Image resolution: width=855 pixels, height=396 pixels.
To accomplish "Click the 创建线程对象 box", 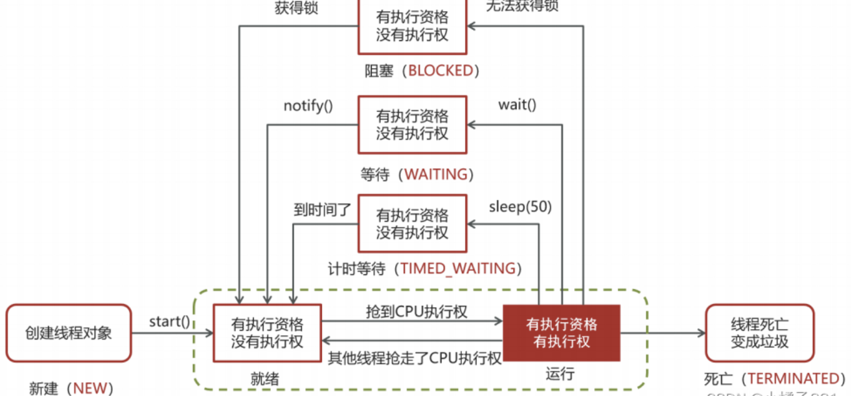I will pos(69,333).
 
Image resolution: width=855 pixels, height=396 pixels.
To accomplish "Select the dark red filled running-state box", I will pos(561,333).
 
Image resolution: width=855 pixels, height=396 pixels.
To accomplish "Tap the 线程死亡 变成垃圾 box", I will pos(759,333).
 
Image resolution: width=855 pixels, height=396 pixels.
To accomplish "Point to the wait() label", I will pos(517,105).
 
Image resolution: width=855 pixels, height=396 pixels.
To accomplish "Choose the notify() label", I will pos(308,106).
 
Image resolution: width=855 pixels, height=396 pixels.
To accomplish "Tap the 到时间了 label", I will pos(322,210).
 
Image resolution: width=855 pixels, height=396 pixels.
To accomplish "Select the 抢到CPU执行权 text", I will pos(416,311).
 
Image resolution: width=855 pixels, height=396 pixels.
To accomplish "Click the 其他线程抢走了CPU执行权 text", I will pos(415,357).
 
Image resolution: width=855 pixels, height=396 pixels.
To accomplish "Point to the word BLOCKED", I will pos(441,71).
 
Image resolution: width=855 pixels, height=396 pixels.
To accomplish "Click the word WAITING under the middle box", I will pos(436,174).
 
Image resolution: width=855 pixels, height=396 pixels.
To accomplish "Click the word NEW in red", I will pos(89,388).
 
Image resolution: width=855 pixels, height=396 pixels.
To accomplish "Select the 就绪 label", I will pos(265,379).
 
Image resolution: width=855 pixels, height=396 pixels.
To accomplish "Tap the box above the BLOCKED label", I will pos(411,26).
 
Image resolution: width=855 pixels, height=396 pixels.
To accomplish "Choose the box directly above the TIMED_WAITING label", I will pos(411,223).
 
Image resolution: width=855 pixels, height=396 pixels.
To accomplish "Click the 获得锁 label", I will pos(296,8).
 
